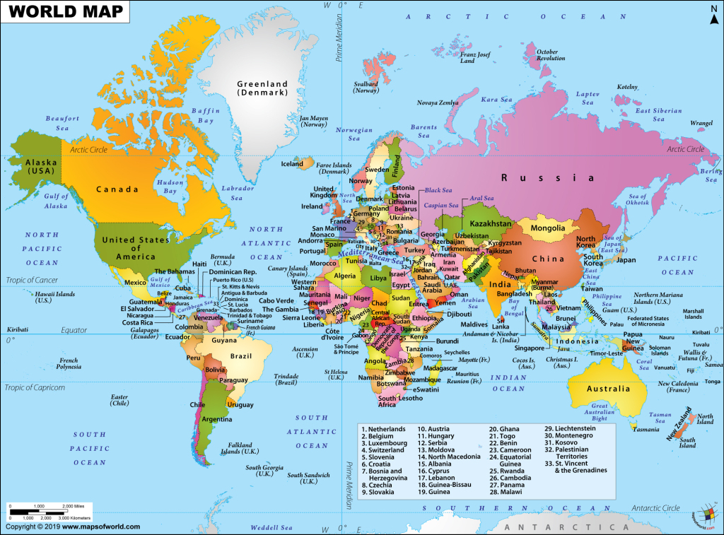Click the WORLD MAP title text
pyautogui.click(x=64, y=12)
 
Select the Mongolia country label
pyautogui.click(x=548, y=228)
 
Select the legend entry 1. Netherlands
pyautogui.click(x=383, y=429)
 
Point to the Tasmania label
pyautogui.click(x=647, y=430)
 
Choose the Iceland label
pyautogui.click(x=292, y=164)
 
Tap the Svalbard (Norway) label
pyautogui.click(x=366, y=87)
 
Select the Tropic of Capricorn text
pyautogui.click(x=35, y=388)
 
